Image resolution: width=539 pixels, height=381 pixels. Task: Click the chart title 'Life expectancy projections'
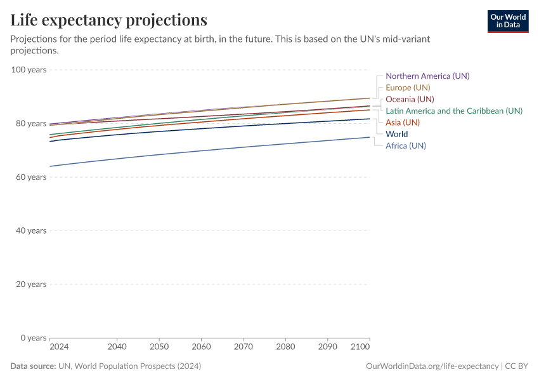[108, 20]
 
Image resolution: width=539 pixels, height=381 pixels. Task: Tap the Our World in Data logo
[507, 21]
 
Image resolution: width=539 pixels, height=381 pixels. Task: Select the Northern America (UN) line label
[427, 76]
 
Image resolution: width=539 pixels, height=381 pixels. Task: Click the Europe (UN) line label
[408, 88]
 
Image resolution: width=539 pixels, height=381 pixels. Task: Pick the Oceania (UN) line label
[410, 99]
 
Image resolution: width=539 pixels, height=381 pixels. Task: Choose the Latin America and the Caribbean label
[453, 110]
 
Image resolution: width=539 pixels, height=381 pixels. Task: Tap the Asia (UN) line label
[403, 123]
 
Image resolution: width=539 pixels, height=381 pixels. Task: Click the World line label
[396, 134]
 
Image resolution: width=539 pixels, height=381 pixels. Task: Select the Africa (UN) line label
[406, 145]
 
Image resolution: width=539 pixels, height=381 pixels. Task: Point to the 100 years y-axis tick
[29, 70]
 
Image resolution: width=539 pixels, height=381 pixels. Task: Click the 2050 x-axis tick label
[159, 347]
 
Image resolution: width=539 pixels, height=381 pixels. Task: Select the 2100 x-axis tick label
[360, 347]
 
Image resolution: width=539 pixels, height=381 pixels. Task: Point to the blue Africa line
[209, 150]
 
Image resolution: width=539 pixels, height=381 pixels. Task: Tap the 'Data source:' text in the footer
[33, 366]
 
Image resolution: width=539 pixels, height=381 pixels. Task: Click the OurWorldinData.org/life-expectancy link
[432, 366]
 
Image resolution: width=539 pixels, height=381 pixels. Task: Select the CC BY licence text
[517, 366]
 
